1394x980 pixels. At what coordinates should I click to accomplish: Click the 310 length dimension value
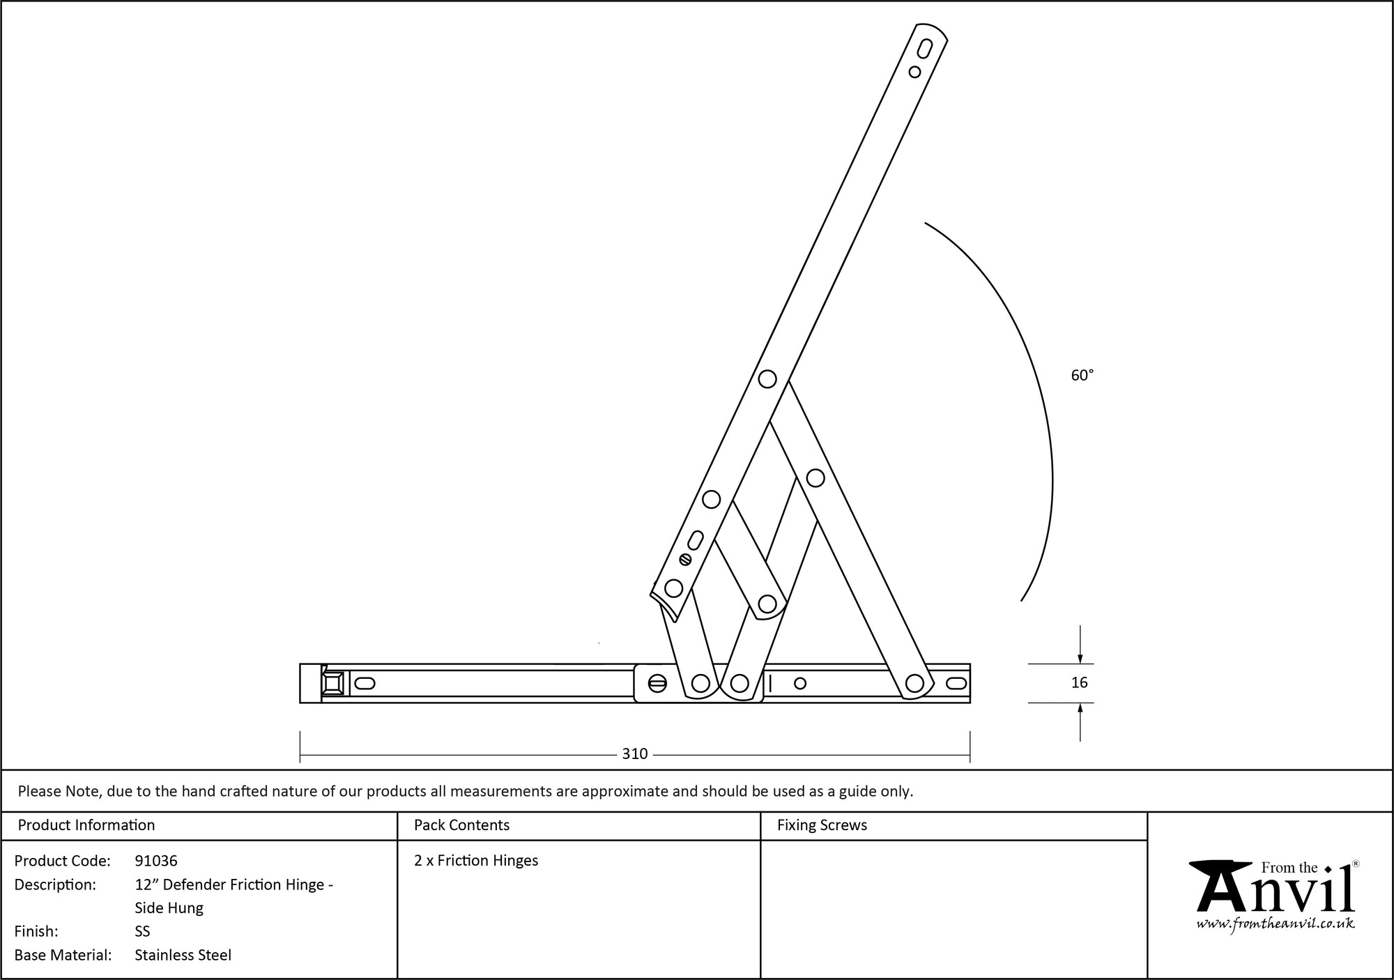(634, 754)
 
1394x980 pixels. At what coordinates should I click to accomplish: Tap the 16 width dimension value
(1079, 683)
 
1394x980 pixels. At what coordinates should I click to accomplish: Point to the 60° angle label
(1082, 376)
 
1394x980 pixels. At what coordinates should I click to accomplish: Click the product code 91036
(156, 861)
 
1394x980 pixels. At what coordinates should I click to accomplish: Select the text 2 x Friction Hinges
(476, 861)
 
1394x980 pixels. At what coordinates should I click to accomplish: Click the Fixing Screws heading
(822, 825)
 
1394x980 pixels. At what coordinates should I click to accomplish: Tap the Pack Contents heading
(461, 825)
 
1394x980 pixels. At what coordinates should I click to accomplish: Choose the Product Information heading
(86, 825)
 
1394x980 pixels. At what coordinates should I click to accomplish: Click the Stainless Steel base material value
(183, 955)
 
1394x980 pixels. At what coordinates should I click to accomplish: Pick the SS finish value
(142, 931)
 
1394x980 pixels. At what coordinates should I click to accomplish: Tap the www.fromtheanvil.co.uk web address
(1276, 924)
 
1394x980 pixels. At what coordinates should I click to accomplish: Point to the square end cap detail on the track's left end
(332, 683)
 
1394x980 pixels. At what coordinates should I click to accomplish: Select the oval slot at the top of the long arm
(925, 49)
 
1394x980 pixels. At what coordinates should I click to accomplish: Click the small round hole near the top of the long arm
(914, 72)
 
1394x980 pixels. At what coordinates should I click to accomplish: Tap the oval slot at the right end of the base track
(956, 683)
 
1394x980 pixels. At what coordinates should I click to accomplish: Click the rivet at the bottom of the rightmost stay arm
(914, 683)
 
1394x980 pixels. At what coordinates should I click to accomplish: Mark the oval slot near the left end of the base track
(365, 683)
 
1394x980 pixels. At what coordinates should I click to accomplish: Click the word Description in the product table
(55, 885)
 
